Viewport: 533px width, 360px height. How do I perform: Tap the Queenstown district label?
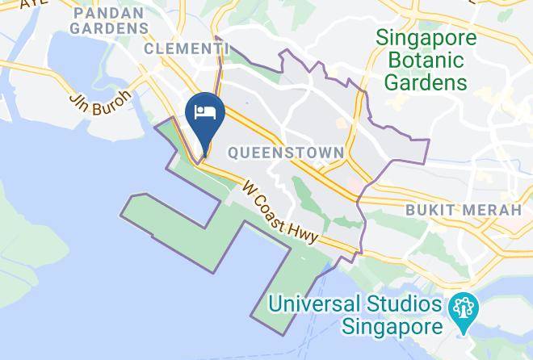tap(286, 152)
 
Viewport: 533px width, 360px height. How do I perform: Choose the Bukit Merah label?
tap(463, 210)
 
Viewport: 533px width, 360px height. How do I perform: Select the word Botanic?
tap(426, 60)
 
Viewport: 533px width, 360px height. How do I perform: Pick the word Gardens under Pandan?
tap(109, 28)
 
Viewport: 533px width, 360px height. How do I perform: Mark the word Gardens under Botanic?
tap(426, 82)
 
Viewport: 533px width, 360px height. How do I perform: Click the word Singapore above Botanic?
tap(426, 38)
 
